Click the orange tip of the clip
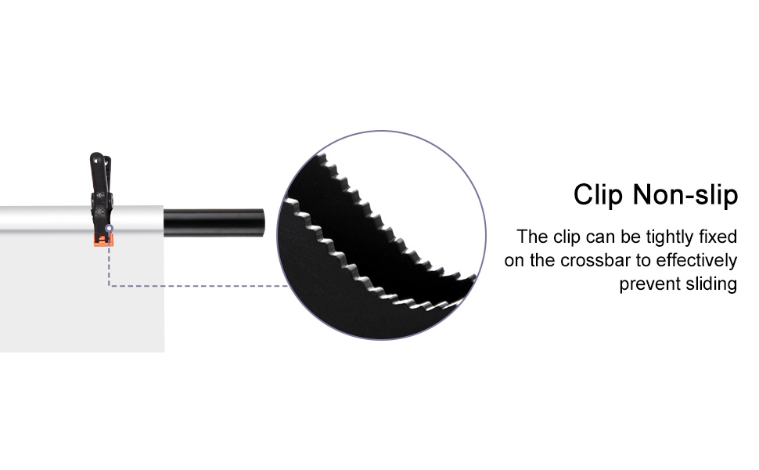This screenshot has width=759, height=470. click(104, 237)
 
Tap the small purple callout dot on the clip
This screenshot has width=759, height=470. click(109, 229)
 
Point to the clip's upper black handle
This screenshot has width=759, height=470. click(98, 168)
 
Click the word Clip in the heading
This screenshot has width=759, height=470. click(599, 194)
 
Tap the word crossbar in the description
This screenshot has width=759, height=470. click(606, 261)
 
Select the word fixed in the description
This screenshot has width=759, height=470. click(718, 237)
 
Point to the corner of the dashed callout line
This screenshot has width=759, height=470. click(109, 286)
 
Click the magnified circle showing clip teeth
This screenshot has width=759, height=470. click(382, 235)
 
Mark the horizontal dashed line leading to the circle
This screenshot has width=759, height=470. click(196, 286)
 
